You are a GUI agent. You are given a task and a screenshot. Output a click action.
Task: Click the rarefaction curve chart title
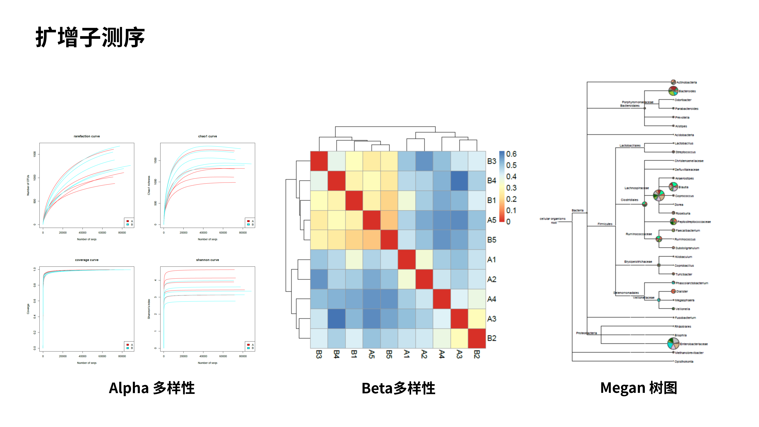87,136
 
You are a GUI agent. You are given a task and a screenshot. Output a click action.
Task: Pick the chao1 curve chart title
207,136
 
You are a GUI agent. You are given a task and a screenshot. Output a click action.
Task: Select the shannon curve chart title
207,260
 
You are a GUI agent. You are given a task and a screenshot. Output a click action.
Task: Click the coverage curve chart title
87,260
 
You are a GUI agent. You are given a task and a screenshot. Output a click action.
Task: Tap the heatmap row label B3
491,161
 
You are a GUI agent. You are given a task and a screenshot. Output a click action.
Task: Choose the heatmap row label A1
491,260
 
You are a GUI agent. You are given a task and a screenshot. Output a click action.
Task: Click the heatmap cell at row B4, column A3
459,181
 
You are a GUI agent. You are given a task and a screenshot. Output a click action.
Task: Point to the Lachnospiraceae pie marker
658,195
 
